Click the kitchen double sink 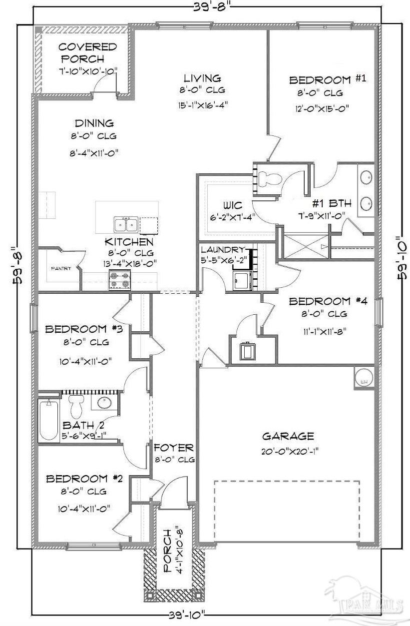[x=126, y=224]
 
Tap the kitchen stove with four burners [x=119, y=280]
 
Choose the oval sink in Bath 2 [x=105, y=403]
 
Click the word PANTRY [x=61, y=269]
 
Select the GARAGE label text [x=288, y=437]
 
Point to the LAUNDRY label [x=223, y=249]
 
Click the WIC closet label [x=233, y=205]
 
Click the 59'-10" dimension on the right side [x=401, y=257]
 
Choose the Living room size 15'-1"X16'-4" [x=203, y=105]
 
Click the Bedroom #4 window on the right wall [x=379, y=312]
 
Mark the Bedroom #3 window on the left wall [x=34, y=318]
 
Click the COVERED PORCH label [x=87, y=53]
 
